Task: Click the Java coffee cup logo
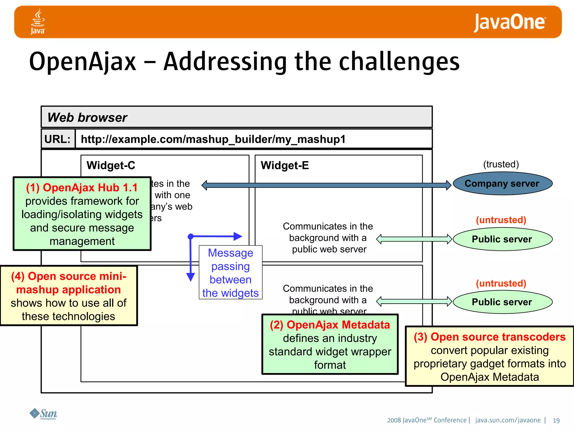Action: click(38, 21)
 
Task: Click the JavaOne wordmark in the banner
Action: click(509, 22)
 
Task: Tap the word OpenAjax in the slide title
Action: click(83, 62)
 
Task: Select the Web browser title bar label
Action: click(87, 117)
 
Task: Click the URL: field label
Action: click(58, 139)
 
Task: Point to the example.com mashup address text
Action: click(213, 139)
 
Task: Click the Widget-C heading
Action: click(111, 165)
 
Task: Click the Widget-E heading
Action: click(284, 165)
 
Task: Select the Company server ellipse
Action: click(502, 184)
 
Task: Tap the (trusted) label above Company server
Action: click(501, 164)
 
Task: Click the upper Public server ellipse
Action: click(502, 239)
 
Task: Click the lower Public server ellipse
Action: click(502, 302)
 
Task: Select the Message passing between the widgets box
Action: click(230, 272)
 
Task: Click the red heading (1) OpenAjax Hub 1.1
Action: click(82, 188)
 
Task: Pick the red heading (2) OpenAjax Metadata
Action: click(330, 325)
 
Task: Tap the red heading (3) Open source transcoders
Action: click(490, 337)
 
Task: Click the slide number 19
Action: click(556, 420)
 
